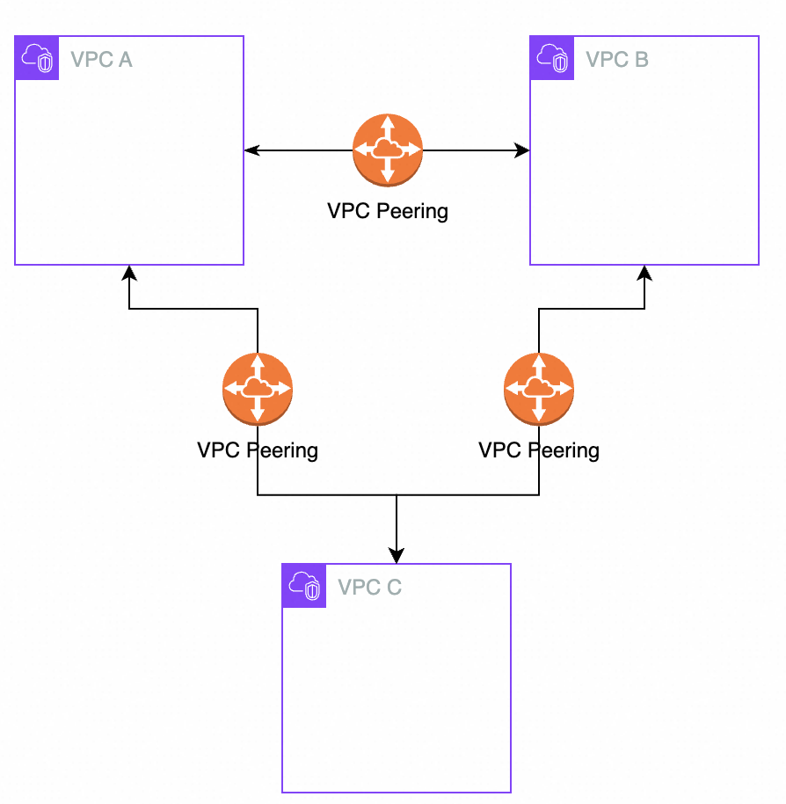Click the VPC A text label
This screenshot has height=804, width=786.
click(101, 60)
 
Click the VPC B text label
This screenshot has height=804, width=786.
click(617, 60)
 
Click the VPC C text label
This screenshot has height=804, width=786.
click(369, 588)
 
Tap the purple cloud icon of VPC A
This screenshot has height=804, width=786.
click(37, 59)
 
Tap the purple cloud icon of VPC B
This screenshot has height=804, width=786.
click(552, 59)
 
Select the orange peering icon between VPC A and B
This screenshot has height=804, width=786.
click(388, 150)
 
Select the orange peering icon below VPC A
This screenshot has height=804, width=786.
click(258, 389)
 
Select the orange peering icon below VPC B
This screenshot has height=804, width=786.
click(539, 389)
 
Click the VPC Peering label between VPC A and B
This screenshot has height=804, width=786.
click(388, 211)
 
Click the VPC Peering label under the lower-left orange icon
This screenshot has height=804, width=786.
click(258, 450)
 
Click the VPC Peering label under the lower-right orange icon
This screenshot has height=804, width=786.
click(539, 450)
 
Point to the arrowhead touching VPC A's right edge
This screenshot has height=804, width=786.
click(251, 151)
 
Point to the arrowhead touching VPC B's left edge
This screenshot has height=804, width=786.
click(522, 151)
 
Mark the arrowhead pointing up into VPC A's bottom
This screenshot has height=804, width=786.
click(129, 272)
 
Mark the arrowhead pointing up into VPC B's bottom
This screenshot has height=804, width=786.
click(644, 272)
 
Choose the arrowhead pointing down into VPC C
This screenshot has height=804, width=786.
click(397, 556)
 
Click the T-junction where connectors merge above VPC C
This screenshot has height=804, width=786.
click(397, 495)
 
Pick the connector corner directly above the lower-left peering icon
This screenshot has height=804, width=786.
click(258, 309)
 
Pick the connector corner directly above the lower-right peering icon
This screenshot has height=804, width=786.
click(539, 309)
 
